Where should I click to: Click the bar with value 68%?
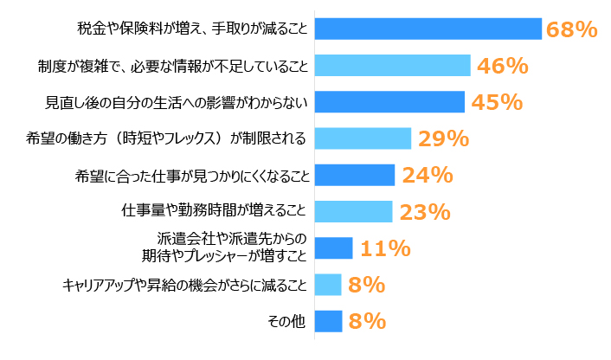coord(428,29)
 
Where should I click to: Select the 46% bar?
coord(392,65)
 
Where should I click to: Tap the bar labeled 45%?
coord(389,102)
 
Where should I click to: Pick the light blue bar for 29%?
coord(363,138)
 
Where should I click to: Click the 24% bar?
coord(355,175)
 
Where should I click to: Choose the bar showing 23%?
coord(353,211)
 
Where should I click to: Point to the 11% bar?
coord(333,248)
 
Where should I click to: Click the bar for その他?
coord(328,321)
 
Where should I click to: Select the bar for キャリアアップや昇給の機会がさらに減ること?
coord(328,285)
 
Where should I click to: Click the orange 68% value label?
coord(571,29)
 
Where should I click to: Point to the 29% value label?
coord(443,138)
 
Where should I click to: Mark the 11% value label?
coord(384,249)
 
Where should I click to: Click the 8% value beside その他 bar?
coord(366,322)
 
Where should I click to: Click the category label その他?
coord(287,321)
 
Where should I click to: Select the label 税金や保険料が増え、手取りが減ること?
coord(192,29)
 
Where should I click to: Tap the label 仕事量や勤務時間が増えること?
coord(215,211)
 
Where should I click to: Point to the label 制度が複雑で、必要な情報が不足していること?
coord(172,65)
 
